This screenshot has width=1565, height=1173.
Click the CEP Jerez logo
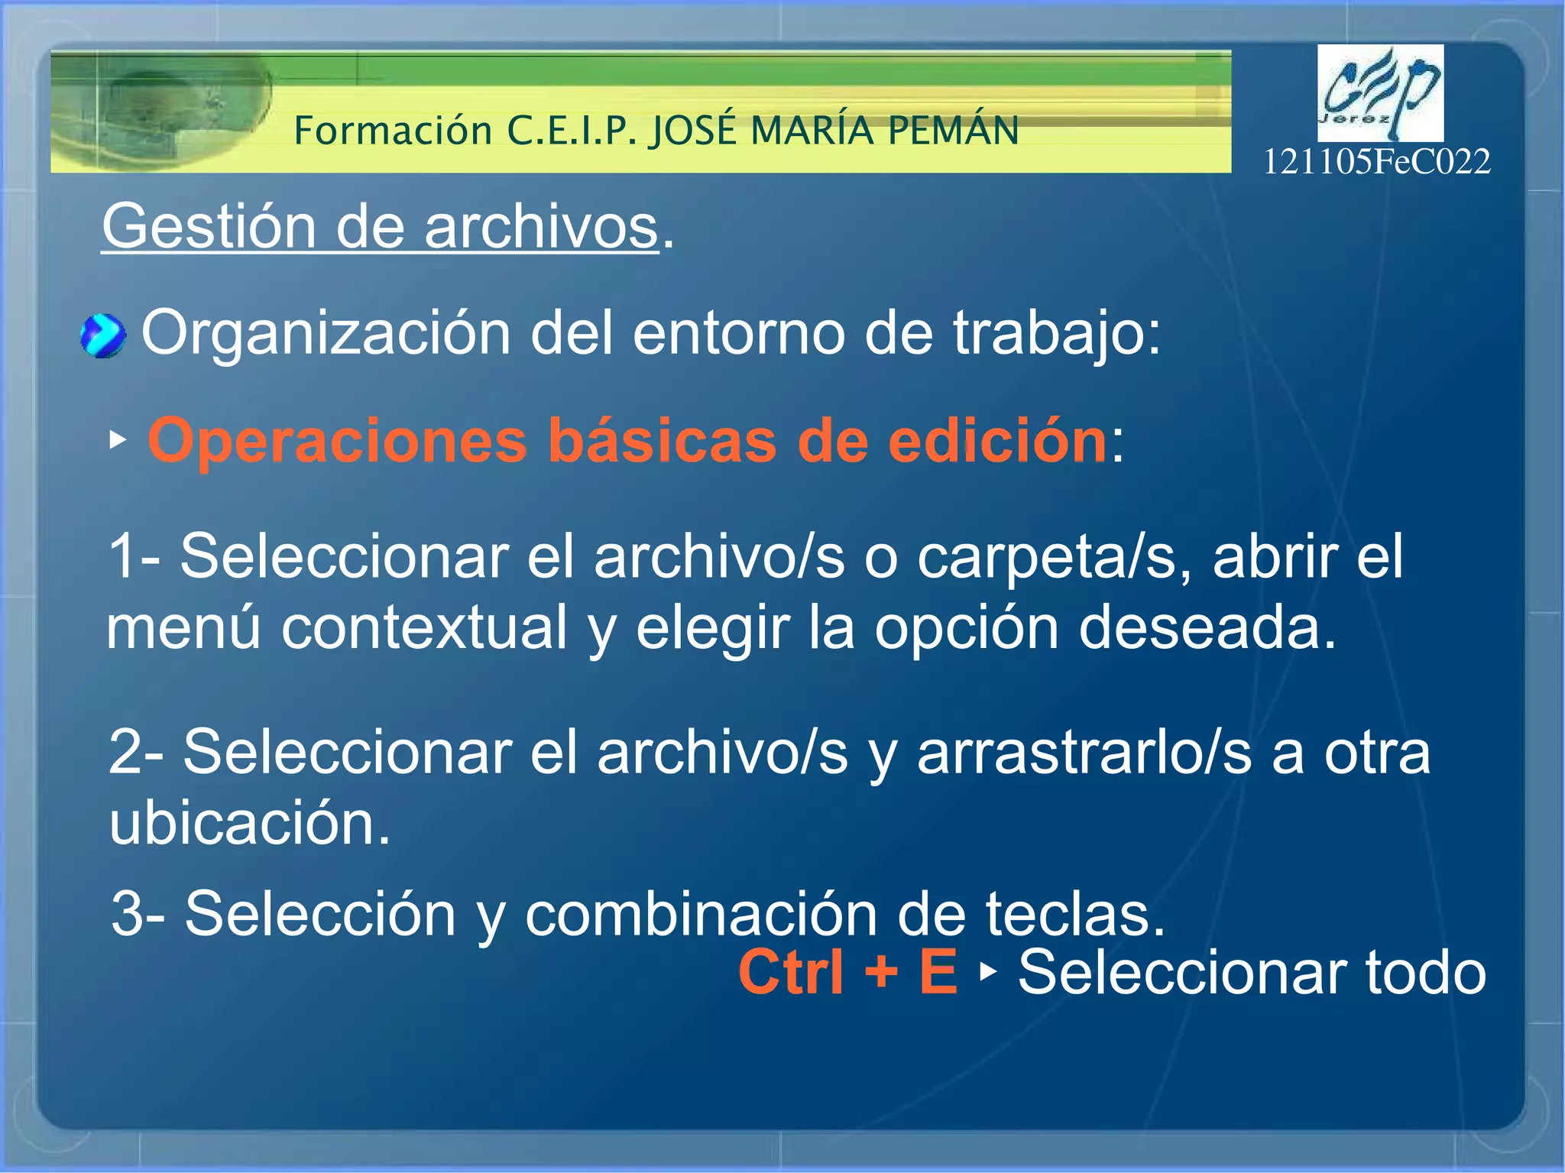(1380, 93)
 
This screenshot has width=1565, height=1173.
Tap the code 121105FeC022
(1376, 162)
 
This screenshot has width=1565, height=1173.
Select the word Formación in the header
(393, 131)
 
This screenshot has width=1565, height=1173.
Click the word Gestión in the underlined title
(209, 226)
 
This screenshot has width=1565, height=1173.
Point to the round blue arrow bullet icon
(103, 336)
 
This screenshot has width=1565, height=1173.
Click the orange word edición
(996, 441)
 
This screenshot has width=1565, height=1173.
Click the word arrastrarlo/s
(1084, 753)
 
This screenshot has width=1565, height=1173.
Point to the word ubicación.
(250, 823)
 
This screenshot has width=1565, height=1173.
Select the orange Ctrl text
(791, 972)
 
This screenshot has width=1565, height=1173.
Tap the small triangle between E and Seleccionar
(989, 971)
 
